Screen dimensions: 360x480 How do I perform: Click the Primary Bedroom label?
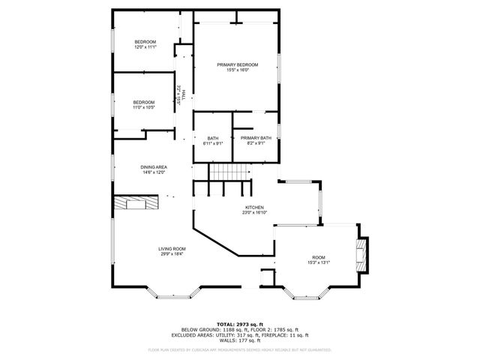click(x=237, y=65)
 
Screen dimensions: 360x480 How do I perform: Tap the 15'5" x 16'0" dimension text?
click(x=237, y=71)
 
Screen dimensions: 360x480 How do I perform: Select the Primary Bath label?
click(x=256, y=138)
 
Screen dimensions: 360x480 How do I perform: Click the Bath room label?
click(x=213, y=138)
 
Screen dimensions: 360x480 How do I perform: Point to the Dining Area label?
click(x=153, y=167)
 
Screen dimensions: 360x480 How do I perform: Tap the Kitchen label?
click(x=254, y=207)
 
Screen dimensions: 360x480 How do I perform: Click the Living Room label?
click(x=172, y=249)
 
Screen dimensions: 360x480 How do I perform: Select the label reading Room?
click(x=319, y=256)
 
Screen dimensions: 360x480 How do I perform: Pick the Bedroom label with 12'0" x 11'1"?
click(x=145, y=41)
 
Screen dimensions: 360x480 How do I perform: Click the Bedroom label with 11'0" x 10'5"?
click(x=144, y=102)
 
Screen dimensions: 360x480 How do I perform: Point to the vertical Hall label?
click(x=184, y=93)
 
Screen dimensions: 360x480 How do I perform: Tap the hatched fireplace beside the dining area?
click(x=136, y=204)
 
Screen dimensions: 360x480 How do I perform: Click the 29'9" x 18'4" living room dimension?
click(x=172, y=255)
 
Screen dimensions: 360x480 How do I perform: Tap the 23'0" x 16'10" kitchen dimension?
click(x=254, y=213)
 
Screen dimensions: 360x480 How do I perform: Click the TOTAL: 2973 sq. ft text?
click(x=239, y=322)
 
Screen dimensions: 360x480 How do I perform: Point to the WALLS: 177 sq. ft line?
click(x=239, y=340)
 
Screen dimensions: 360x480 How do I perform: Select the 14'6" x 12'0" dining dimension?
click(x=153, y=173)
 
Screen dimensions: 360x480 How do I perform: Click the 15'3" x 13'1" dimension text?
click(x=319, y=262)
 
